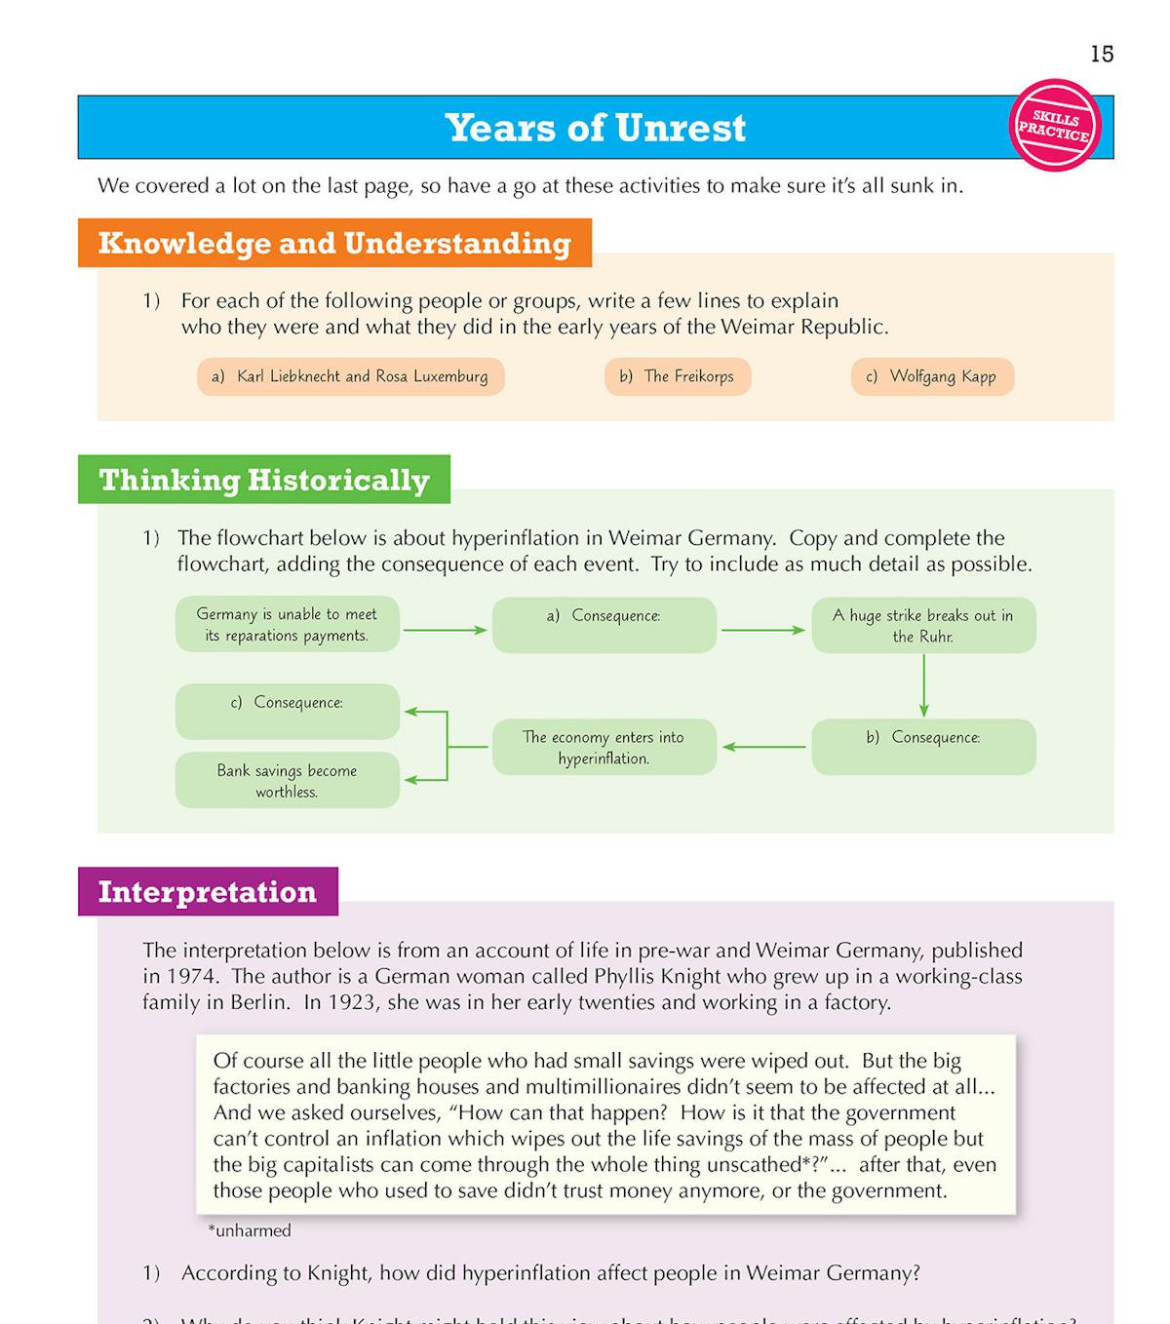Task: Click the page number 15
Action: point(1102,55)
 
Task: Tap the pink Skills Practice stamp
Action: point(1055,126)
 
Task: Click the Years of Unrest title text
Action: point(595,128)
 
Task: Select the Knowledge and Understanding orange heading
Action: point(334,243)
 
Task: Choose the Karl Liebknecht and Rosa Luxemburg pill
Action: point(351,376)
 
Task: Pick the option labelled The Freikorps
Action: point(678,376)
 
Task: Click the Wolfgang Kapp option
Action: point(932,376)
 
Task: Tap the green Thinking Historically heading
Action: point(264,480)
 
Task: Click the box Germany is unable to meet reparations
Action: point(287,625)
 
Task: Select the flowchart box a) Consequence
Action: point(604,625)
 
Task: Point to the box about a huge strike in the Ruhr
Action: point(922,626)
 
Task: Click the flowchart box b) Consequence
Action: point(922,747)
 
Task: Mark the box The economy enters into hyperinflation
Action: point(604,748)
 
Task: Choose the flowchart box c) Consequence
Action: point(287,712)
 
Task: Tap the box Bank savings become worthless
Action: point(287,781)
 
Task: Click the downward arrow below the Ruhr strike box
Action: point(923,685)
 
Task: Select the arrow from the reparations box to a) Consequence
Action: point(445,631)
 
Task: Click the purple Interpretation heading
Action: point(208,892)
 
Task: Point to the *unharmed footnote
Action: point(250,1230)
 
